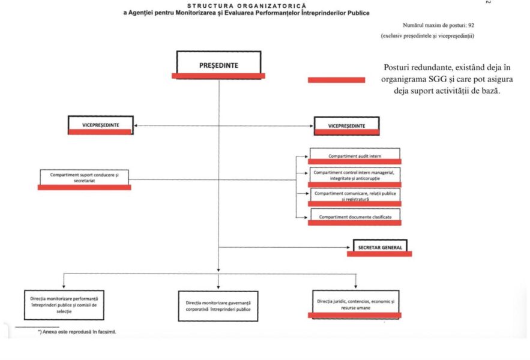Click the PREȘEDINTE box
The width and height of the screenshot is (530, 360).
[218, 62]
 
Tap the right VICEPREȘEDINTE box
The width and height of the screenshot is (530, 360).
[346, 125]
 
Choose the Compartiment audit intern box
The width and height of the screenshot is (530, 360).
[355, 155]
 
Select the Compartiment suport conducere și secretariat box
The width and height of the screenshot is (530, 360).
[84, 177]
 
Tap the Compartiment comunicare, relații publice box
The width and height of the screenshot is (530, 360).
[355, 195]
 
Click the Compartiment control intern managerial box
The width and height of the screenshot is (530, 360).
[355, 175]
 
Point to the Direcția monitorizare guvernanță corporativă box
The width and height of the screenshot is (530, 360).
[218, 306]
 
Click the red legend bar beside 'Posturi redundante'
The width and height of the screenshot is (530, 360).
[336, 80]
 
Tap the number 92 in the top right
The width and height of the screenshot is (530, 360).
[470, 25]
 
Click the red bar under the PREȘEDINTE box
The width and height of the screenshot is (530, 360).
[218, 76]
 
